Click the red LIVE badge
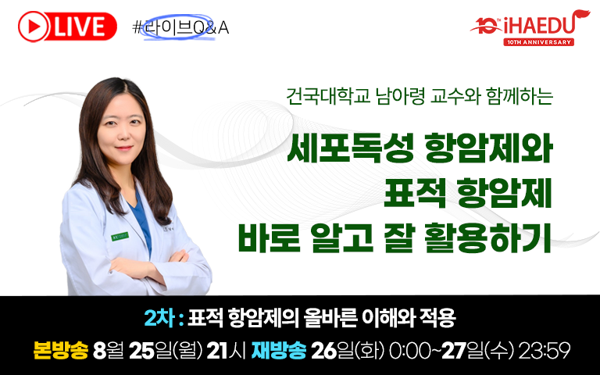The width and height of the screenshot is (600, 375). pyautogui.click(x=67, y=27)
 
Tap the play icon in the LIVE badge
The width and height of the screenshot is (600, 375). pyautogui.click(x=34, y=27)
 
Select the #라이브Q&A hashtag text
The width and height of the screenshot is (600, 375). pyautogui.click(x=180, y=27)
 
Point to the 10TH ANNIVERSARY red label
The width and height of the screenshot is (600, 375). pyautogui.click(x=539, y=42)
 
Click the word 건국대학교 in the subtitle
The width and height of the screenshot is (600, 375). pyautogui.click(x=329, y=96)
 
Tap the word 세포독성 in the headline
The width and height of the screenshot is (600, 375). pyautogui.click(x=350, y=149)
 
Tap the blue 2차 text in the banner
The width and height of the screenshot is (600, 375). pyautogui.click(x=159, y=319)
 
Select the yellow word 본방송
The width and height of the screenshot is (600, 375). pyautogui.click(x=60, y=350)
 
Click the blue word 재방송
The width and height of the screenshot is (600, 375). pyautogui.click(x=279, y=350)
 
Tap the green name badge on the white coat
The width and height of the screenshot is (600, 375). pyautogui.click(x=120, y=237)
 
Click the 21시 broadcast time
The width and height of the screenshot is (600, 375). pyautogui.click(x=226, y=351)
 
